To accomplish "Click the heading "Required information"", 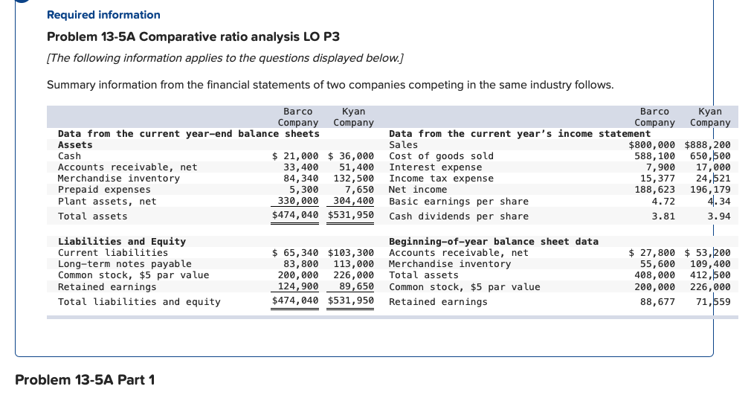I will [x=103, y=15].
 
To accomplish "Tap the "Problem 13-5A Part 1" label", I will [x=85, y=380].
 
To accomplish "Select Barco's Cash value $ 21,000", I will [x=296, y=156].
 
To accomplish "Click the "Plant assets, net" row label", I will [x=107, y=201].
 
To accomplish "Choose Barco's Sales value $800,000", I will [x=652, y=145].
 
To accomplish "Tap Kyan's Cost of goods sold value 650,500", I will [x=710, y=156].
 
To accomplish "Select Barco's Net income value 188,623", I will [x=655, y=190].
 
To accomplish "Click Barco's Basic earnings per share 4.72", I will [x=663, y=201].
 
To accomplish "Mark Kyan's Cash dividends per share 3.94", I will [x=718, y=216].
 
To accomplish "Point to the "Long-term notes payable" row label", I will [x=124, y=264].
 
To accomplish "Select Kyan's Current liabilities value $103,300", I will [x=350, y=253].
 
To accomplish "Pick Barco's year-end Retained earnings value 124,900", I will [x=298, y=286].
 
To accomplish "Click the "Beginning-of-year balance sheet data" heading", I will [x=494, y=242].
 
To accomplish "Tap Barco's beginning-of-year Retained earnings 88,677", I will [x=658, y=302].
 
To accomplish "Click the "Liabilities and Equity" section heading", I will [x=122, y=242].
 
